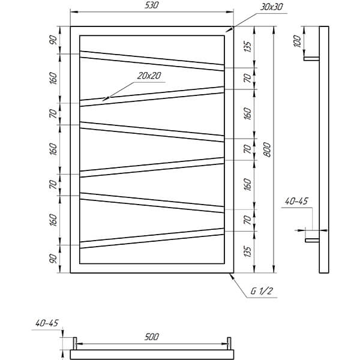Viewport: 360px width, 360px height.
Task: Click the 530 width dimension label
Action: click(x=152, y=5)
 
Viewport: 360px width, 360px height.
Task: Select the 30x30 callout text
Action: click(x=271, y=7)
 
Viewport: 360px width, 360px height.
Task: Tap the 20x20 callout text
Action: click(x=149, y=76)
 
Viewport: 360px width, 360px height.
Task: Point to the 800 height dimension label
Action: click(x=267, y=149)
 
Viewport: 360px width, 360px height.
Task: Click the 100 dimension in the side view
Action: click(x=297, y=41)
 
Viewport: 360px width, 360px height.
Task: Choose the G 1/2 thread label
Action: click(x=262, y=291)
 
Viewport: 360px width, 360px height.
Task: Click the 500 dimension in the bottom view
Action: click(x=152, y=337)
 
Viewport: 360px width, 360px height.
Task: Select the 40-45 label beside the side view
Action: click(x=296, y=202)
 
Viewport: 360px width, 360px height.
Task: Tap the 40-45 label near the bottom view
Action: click(x=47, y=323)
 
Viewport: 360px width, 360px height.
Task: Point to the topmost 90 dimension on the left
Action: click(x=53, y=40)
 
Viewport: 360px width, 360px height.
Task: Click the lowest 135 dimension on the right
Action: click(x=247, y=251)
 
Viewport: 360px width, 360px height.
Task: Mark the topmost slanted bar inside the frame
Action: click(x=152, y=61)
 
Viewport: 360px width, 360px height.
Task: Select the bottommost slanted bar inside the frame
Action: click(x=152, y=238)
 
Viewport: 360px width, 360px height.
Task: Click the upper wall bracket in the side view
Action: click(x=311, y=59)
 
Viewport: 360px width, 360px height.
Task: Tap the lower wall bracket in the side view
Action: click(x=312, y=240)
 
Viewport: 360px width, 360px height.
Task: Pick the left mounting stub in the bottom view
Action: click(x=75, y=343)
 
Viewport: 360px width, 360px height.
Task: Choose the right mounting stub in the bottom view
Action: click(x=229, y=343)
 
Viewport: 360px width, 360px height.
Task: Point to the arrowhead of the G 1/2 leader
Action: click(x=232, y=276)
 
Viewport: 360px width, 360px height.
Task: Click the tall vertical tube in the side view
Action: click(x=324, y=149)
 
